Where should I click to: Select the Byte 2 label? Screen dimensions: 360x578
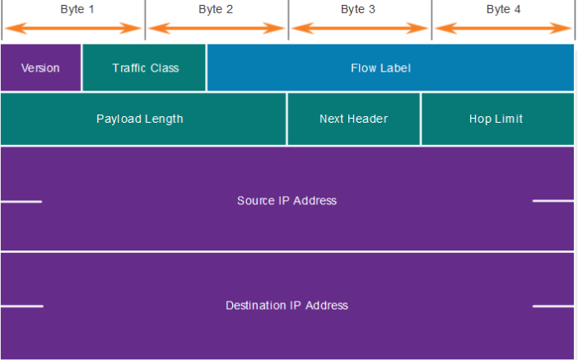pyautogui.click(x=216, y=10)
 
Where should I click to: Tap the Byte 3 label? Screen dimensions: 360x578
pyautogui.click(x=358, y=10)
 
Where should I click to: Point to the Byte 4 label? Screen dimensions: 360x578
pyautogui.click(x=503, y=10)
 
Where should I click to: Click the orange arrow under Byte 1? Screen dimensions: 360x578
pyautogui.click(x=73, y=29)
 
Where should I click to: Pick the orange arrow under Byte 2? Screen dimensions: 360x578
pyautogui.click(x=217, y=29)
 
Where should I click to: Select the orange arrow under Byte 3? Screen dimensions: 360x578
pyautogui.click(x=359, y=29)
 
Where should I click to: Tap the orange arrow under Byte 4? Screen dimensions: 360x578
pyautogui.click(x=503, y=29)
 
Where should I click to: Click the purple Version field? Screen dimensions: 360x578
pyautogui.click(x=40, y=68)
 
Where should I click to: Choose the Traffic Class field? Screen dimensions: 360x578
pyautogui.click(x=145, y=68)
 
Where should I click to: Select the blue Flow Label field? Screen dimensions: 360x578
pyautogui.click(x=390, y=68)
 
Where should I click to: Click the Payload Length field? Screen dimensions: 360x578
pyautogui.click(x=140, y=119)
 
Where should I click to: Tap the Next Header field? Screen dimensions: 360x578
pyautogui.click(x=353, y=119)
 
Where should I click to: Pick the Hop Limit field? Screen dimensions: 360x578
pyautogui.click(x=496, y=119)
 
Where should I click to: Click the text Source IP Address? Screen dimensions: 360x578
pyautogui.click(x=287, y=200)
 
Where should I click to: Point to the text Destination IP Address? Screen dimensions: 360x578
pyautogui.click(x=287, y=306)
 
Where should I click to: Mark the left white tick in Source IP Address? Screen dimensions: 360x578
pyautogui.click(x=21, y=201)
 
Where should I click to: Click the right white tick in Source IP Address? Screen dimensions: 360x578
pyautogui.click(x=552, y=201)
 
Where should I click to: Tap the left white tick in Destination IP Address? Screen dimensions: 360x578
pyautogui.click(x=21, y=306)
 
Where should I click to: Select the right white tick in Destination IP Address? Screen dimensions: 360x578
pyautogui.click(x=552, y=306)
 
